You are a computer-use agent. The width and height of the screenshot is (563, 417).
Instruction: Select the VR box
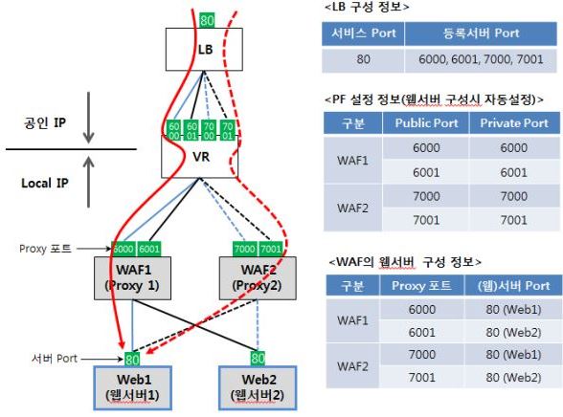point(200,157)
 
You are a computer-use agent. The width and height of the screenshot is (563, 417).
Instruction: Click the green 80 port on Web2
point(258,358)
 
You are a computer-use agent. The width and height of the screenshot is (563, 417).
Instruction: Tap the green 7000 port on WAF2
point(243,249)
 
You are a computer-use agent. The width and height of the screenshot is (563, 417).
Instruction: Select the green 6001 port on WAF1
point(150,249)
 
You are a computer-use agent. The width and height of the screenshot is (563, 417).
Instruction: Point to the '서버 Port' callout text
point(54,359)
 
